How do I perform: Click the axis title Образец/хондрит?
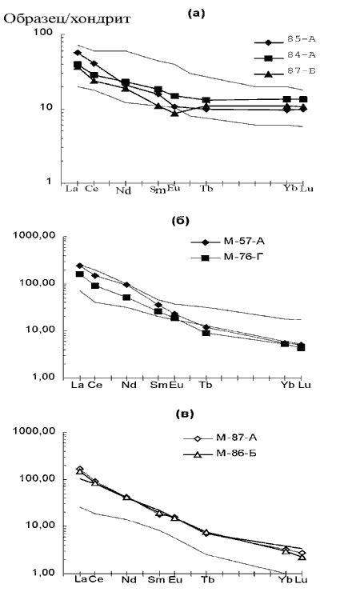(67, 19)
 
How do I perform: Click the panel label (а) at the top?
(196, 14)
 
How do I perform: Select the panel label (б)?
(180, 221)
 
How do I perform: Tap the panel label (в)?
(185, 414)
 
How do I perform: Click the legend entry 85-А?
(301, 39)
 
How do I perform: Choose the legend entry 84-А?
(301, 54)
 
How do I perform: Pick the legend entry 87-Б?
(301, 70)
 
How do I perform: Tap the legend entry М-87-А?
(237, 438)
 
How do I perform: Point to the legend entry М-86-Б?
(237, 453)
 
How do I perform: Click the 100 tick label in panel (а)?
(43, 32)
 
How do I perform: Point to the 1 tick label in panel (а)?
(49, 182)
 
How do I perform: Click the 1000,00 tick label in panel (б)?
(34, 235)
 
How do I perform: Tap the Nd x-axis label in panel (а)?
(123, 190)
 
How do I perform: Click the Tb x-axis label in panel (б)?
(206, 385)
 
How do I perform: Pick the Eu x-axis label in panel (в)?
(175, 579)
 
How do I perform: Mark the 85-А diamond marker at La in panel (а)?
(78, 53)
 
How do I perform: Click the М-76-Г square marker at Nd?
(126, 298)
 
